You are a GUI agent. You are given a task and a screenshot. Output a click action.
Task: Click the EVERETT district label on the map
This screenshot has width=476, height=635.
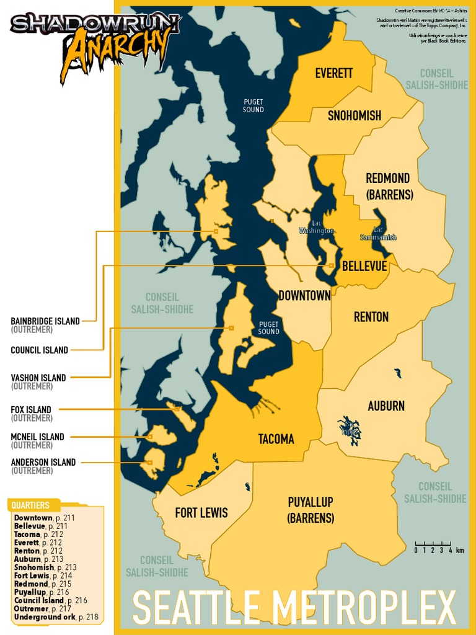(x=333, y=73)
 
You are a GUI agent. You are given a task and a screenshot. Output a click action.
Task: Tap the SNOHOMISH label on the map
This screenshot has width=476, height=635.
(x=354, y=115)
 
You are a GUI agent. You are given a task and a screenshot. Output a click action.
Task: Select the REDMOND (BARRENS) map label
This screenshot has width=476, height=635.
(x=388, y=186)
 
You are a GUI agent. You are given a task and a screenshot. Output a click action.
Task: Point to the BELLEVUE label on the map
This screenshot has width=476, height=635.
(x=364, y=266)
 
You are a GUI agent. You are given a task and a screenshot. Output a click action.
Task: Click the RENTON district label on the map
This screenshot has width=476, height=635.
(x=371, y=317)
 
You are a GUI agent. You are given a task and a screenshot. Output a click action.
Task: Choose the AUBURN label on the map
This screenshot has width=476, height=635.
(x=386, y=406)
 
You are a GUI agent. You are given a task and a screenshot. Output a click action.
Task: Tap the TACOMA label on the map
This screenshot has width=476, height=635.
(x=276, y=439)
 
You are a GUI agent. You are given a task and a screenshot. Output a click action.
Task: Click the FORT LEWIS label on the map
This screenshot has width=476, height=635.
(x=201, y=513)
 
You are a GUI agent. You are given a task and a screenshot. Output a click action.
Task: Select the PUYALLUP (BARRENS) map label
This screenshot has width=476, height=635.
(x=311, y=510)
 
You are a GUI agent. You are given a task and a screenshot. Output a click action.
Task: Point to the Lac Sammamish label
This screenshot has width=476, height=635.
(x=378, y=234)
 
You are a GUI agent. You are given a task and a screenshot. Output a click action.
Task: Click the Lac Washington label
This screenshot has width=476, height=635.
(x=316, y=227)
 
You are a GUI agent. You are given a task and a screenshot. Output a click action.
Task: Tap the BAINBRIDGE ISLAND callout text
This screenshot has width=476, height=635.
(x=45, y=321)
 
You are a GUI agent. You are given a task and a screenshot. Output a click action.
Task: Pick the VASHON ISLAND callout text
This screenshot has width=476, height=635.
(x=38, y=378)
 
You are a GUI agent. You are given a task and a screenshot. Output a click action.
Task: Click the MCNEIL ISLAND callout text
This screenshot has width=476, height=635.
(x=37, y=437)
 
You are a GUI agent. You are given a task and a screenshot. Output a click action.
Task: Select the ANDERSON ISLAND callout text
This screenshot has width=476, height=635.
(x=43, y=462)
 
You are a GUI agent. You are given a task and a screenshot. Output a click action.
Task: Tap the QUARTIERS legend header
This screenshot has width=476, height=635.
(x=31, y=505)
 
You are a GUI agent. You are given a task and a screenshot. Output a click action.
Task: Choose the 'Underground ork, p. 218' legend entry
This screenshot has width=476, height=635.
(x=55, y=617)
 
